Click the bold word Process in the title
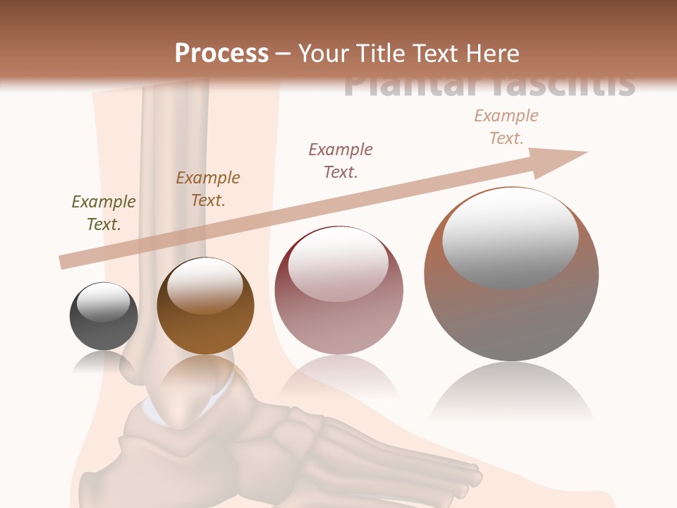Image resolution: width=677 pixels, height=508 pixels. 221,54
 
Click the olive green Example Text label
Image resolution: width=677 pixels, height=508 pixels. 104,213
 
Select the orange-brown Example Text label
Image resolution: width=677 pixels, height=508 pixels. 208,189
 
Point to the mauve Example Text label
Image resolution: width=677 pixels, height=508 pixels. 341,160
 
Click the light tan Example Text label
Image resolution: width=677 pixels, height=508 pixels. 506,127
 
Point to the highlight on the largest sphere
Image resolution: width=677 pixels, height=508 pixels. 510,236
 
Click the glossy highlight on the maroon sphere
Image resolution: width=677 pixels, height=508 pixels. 338,265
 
